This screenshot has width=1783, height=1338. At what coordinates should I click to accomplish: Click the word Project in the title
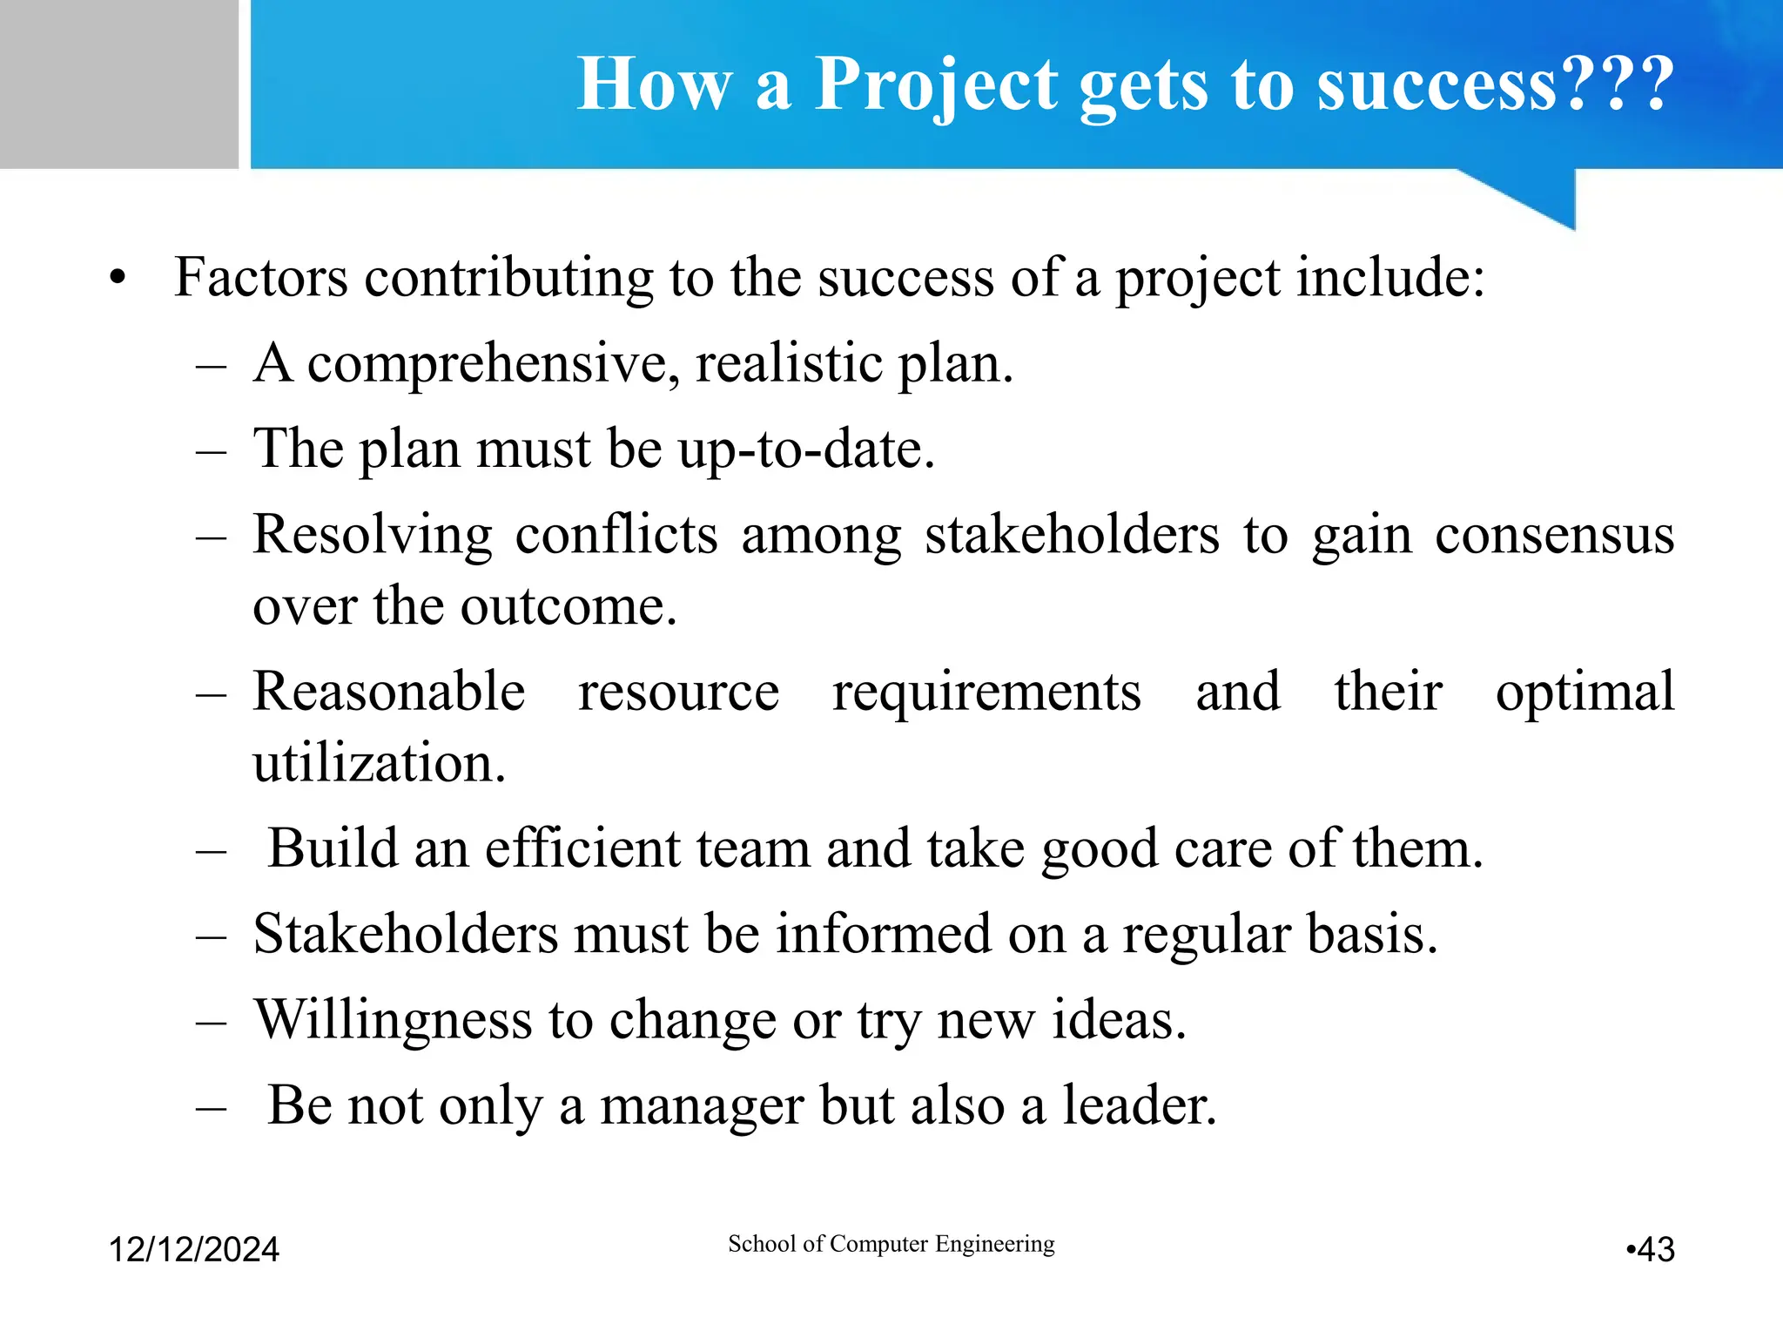(937, 84)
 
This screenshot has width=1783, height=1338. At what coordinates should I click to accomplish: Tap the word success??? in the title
(1495, 84)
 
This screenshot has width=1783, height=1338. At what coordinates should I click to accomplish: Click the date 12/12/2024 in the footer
(193, 1249)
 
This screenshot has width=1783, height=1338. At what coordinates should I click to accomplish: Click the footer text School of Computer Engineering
(891, 1243)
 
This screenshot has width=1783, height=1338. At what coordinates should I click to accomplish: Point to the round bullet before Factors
(118, 279)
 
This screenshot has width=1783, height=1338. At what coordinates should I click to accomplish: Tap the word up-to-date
(806, 449)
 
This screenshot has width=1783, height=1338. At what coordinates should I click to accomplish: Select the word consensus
(1554, 534)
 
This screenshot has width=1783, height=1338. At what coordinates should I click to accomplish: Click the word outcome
(568, 605)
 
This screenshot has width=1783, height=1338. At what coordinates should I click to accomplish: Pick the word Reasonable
(389, 692)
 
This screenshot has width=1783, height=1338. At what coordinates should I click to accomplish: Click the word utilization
(379, 763)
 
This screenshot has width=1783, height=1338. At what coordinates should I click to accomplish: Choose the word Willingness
(393, 1019)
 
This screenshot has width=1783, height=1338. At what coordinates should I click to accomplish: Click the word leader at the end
(1138, 1105)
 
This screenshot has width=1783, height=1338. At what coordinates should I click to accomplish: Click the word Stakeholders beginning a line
(405, 934)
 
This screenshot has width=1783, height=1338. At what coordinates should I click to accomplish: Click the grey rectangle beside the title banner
(118, 84)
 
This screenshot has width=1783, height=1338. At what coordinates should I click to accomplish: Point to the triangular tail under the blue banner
(1540, 195)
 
